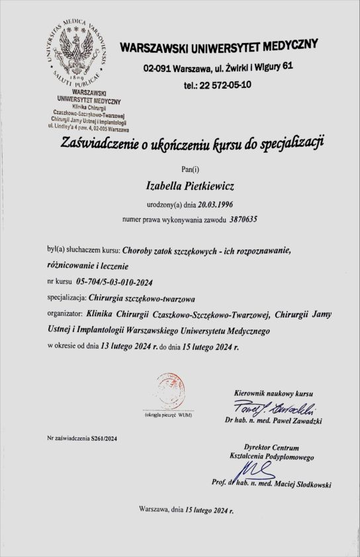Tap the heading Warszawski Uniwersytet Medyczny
(x=218, y=48)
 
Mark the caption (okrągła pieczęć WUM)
(x=167, y=415)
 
